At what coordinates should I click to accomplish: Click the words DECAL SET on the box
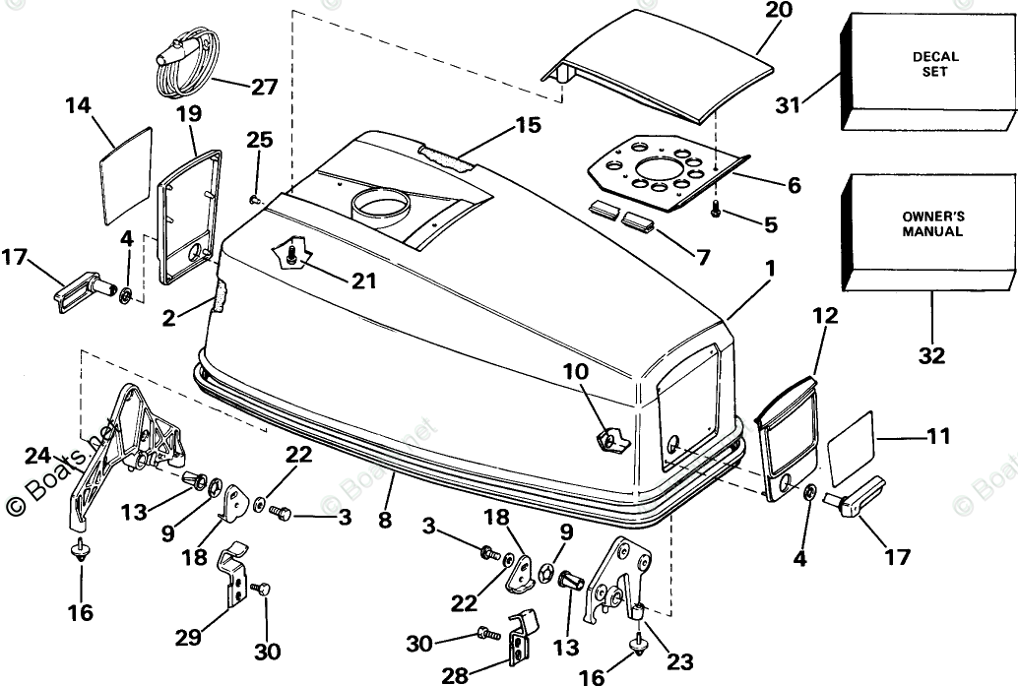[x=934, y=65]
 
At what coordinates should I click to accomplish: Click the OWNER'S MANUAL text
[x=931, y=224]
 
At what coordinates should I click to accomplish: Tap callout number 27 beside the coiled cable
[x=264, y=87]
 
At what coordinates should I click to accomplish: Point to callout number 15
[x=528, y=126]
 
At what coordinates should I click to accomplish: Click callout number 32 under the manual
[x=931, y=355]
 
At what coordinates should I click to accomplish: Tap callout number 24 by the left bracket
[x=38, y=455]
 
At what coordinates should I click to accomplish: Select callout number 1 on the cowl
[x=769, y=267]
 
